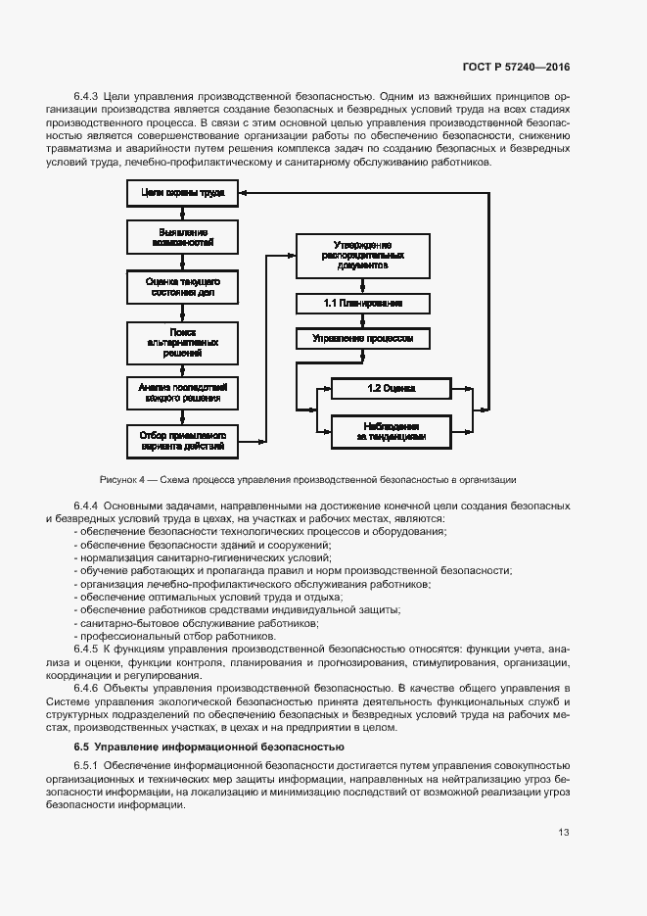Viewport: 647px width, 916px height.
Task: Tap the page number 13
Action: coord(564,833)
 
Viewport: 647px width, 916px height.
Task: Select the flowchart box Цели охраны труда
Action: coord(183,194)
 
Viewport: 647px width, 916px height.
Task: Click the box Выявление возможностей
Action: coord(183,236)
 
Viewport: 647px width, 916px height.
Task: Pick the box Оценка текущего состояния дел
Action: coord(183,287)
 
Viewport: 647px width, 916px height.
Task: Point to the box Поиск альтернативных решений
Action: coord(183,342)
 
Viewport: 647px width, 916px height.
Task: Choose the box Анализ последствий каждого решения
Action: coord(183,393)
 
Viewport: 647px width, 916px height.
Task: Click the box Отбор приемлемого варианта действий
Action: coord(183,441)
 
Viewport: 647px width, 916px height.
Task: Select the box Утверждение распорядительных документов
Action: coord(363,255)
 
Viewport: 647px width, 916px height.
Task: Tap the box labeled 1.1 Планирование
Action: coord(363,304)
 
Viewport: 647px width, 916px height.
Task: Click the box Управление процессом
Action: coord(363,339)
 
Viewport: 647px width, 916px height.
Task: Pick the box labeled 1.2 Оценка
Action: coord(391,389)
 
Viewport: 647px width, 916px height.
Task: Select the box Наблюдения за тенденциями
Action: coord(391,432)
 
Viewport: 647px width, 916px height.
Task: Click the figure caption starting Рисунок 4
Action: coord(307,480)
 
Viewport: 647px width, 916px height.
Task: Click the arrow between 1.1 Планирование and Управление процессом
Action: coord(363,321)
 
